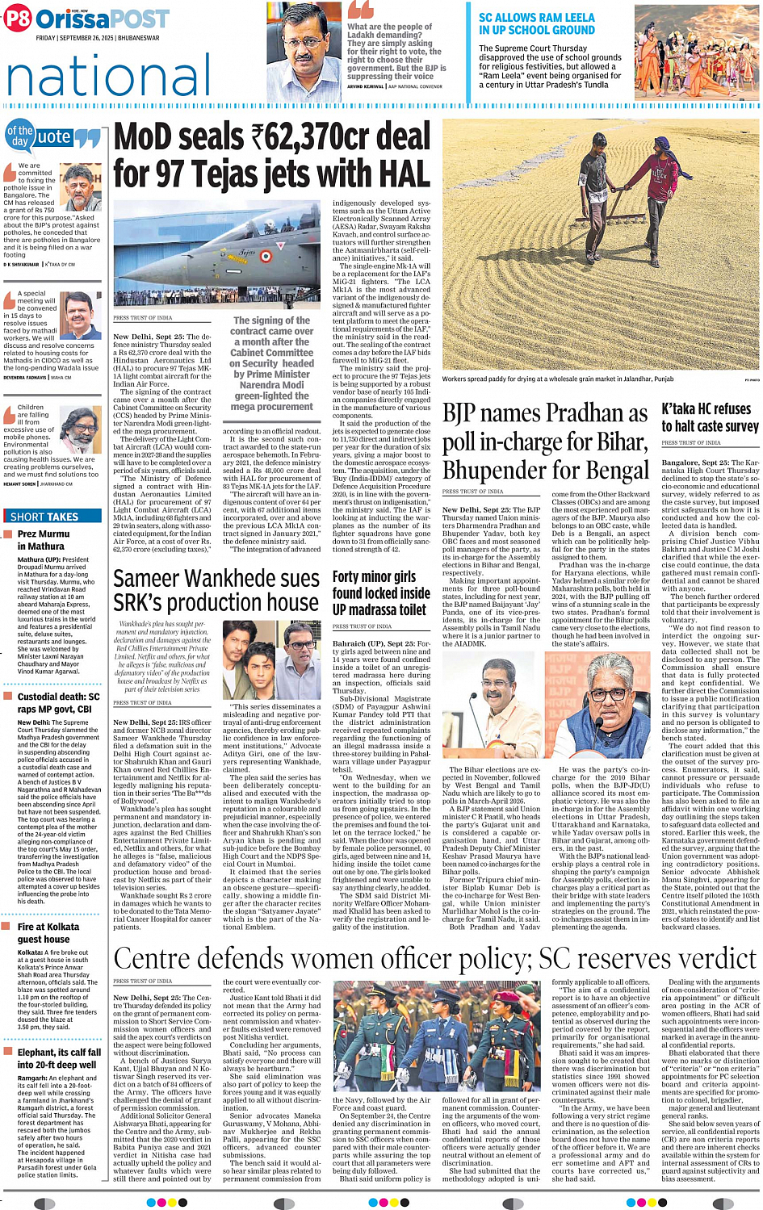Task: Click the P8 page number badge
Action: pos(17,19)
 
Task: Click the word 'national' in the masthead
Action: pos(108,77)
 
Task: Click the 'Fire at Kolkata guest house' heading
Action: pos(48,933)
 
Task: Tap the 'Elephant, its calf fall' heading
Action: pos(58,1058)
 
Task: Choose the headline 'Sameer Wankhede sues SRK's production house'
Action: pos(216,590)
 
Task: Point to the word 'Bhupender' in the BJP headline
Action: pos(490,470)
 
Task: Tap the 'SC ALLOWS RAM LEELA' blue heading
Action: pos(536,23)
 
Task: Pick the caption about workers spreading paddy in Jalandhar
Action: pos(557,379)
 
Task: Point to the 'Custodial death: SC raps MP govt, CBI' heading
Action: pos(58,702)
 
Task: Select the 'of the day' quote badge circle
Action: pos(19,136)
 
